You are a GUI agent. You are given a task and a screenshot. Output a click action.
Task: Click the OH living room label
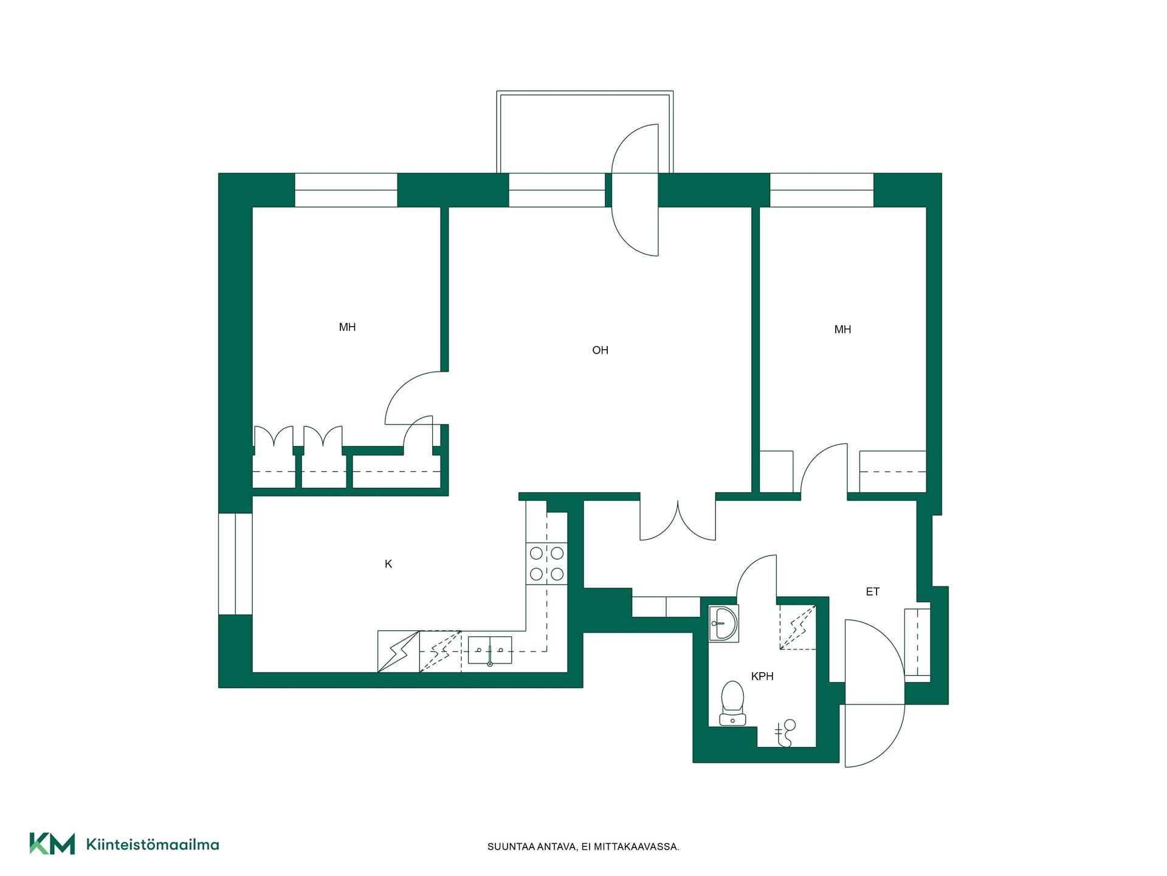(x=600, y=350)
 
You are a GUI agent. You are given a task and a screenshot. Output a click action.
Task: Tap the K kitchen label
(x=388, y=564)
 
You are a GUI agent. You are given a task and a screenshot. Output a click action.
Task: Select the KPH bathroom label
(x=762, y=676)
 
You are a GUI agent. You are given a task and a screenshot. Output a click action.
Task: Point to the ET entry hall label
(x=873, y=591)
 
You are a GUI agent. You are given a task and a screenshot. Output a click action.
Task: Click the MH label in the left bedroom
(x=347, y=327)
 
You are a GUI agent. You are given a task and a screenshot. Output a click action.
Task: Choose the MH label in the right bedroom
(x=842, y=330)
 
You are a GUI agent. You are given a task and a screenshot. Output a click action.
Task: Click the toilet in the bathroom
(x=732, y=703)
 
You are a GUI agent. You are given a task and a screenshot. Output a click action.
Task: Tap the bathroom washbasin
(x=724, y=624)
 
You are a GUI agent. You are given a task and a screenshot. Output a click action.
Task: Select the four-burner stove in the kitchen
(x=546, y=563)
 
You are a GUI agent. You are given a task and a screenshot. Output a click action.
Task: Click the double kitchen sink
(x=490, y=650)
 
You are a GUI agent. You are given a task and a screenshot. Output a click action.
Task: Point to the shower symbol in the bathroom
(x=785, y=733)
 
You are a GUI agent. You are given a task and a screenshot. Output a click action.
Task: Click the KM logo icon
(x=52, y=844)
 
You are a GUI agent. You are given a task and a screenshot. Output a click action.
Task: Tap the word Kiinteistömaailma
(x=153, y=844)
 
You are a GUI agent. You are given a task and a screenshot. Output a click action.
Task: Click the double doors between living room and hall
(x=678, y=521)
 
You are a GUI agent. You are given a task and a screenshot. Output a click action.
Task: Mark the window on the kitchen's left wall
(x=235, y=564)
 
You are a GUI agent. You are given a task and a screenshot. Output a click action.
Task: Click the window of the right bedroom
(x=822, y=190)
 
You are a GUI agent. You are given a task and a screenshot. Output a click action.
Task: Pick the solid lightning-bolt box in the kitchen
(x=399, y=652)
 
